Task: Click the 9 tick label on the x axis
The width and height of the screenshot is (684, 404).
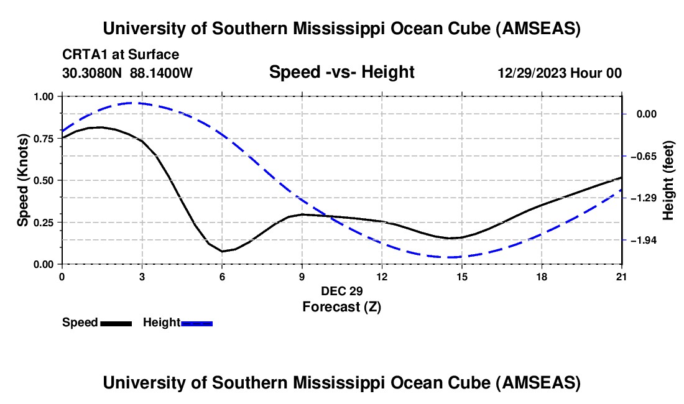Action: click(x=302, y=276)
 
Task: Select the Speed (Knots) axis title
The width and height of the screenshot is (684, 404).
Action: click(x=23, y=180)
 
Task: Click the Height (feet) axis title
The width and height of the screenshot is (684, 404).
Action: click(x=668, y=180)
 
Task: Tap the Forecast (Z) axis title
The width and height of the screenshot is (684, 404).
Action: click(x=341, y=306)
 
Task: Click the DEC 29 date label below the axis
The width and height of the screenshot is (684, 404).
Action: click(x=341, y=291)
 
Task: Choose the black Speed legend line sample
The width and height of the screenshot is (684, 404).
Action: click(x=116, y=323)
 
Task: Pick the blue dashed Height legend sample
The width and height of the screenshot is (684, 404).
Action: click(x=197, y=323)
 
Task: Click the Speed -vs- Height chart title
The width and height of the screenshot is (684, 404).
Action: click(x=341, y=72)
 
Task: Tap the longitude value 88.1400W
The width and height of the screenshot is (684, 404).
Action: click(x=161, y=73)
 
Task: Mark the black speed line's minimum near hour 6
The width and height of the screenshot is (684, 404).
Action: click(x=222, y=251)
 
